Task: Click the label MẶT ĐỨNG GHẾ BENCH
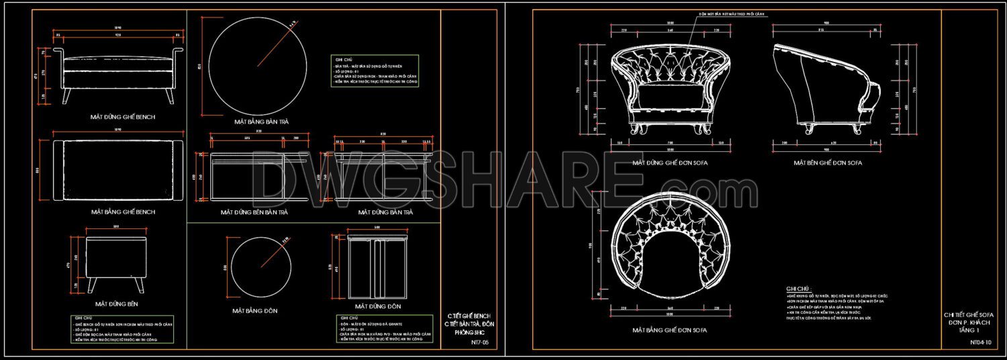(123, 117)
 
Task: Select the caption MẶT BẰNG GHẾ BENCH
(123, 212)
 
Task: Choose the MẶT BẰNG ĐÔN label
(254, 311)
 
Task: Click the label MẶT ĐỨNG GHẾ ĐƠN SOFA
(669, 163)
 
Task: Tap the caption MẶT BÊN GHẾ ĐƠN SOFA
(828, 163)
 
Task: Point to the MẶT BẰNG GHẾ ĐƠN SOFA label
(669, 330)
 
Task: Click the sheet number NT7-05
(480, 342)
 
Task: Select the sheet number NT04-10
(980, 342)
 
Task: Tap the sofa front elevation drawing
(669, 87)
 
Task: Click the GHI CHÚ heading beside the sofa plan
(798, 288)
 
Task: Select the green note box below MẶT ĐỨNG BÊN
(122, 330)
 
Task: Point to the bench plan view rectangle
(118, 169)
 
